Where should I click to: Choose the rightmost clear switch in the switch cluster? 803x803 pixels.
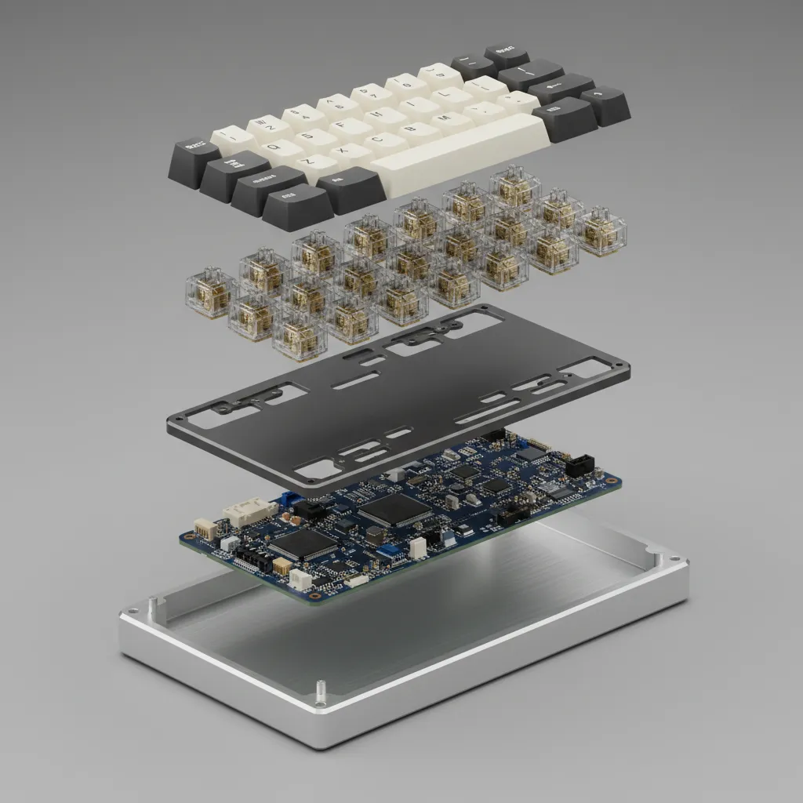(601, 229)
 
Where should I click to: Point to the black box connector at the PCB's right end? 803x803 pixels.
(580, 464)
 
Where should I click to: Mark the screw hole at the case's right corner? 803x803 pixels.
(659, 558)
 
